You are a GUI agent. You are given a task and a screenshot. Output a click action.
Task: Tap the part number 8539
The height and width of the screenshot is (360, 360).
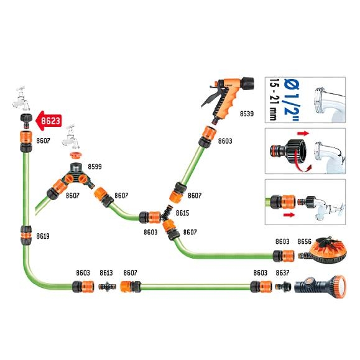coord(247,114)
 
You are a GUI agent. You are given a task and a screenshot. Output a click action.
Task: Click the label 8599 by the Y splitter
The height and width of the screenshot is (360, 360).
coord(95,167)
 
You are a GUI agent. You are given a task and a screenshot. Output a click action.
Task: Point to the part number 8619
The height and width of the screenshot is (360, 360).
coord(43,236)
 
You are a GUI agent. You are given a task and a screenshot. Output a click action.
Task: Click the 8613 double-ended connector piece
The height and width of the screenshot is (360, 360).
coord(107,287)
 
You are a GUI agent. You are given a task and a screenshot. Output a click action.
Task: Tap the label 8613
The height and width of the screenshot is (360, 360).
coord(106,273)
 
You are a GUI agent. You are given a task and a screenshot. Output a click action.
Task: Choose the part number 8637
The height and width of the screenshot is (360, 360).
coord(282,273)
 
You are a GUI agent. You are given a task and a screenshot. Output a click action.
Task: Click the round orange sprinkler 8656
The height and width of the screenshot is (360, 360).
coord(323,251)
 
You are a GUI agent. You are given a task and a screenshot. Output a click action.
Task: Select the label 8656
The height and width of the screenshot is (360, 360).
coord(305,241)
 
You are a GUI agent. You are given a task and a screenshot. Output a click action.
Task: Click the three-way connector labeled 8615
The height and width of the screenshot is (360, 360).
coord(167,214)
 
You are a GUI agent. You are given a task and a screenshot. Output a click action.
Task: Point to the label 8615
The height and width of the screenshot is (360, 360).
coord(183,213)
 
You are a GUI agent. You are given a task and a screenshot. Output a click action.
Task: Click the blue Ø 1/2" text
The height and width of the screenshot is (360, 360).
coord(292,100)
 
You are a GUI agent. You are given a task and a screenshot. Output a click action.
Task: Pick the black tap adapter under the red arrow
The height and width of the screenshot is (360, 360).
coord(26,121)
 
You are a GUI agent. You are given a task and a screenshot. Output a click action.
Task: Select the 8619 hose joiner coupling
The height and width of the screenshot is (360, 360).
coord(26,236)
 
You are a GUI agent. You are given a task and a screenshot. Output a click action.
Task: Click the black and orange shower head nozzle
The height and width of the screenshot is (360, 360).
coord(320,287)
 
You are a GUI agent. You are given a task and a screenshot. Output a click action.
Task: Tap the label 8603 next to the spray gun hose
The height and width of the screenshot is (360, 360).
coord(225,141)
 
